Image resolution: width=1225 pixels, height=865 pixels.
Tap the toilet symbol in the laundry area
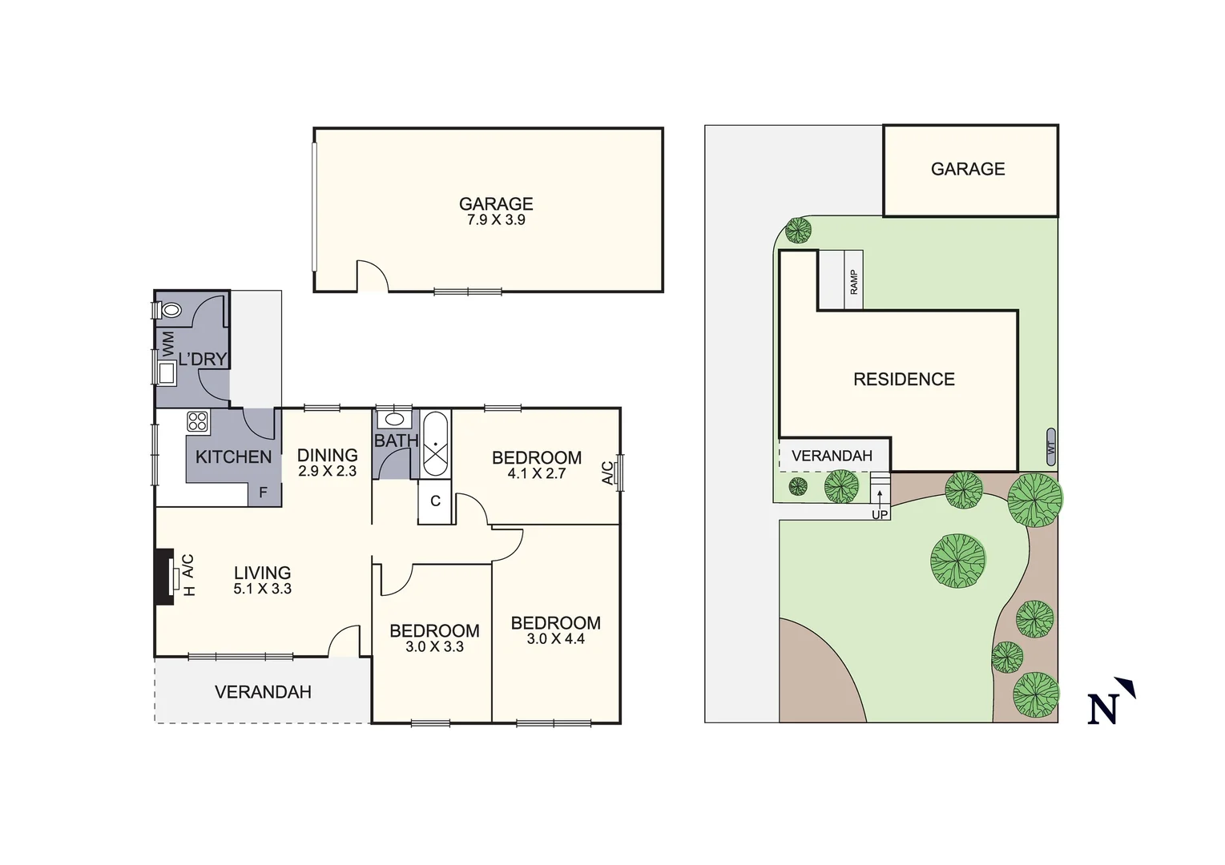(x=171, y=309)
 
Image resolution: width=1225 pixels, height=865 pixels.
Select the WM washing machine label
(x=168, y=344)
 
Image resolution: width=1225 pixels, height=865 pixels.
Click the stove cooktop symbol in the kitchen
(x=198, y=421)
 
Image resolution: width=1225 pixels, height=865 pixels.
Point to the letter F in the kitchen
(x=263, y=493)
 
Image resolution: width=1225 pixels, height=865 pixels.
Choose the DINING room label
(x=327, y=455)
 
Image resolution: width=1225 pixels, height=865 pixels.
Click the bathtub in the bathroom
(x=435, y=445)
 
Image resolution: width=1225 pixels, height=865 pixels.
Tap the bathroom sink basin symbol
(x=394, y=419)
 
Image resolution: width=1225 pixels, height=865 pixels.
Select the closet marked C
(x=435, y=501)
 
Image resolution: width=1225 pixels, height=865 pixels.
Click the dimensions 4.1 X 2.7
(x=537, y=473)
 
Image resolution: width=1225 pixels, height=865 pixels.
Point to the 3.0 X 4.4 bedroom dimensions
(x=555, y=639)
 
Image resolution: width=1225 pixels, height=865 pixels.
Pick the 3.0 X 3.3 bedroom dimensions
(x=434, y=647)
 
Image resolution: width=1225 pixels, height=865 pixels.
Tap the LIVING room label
(x=262, y=573)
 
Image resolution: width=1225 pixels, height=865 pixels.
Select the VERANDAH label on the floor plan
(x=263, y=692)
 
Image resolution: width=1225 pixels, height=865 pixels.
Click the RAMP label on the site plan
(x=854, y=281)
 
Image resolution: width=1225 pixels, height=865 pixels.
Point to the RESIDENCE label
(x=904, y=380)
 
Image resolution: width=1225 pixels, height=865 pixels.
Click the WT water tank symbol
(x=1051, y=448)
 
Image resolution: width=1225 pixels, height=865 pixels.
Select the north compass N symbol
(x=1110, y=702)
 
